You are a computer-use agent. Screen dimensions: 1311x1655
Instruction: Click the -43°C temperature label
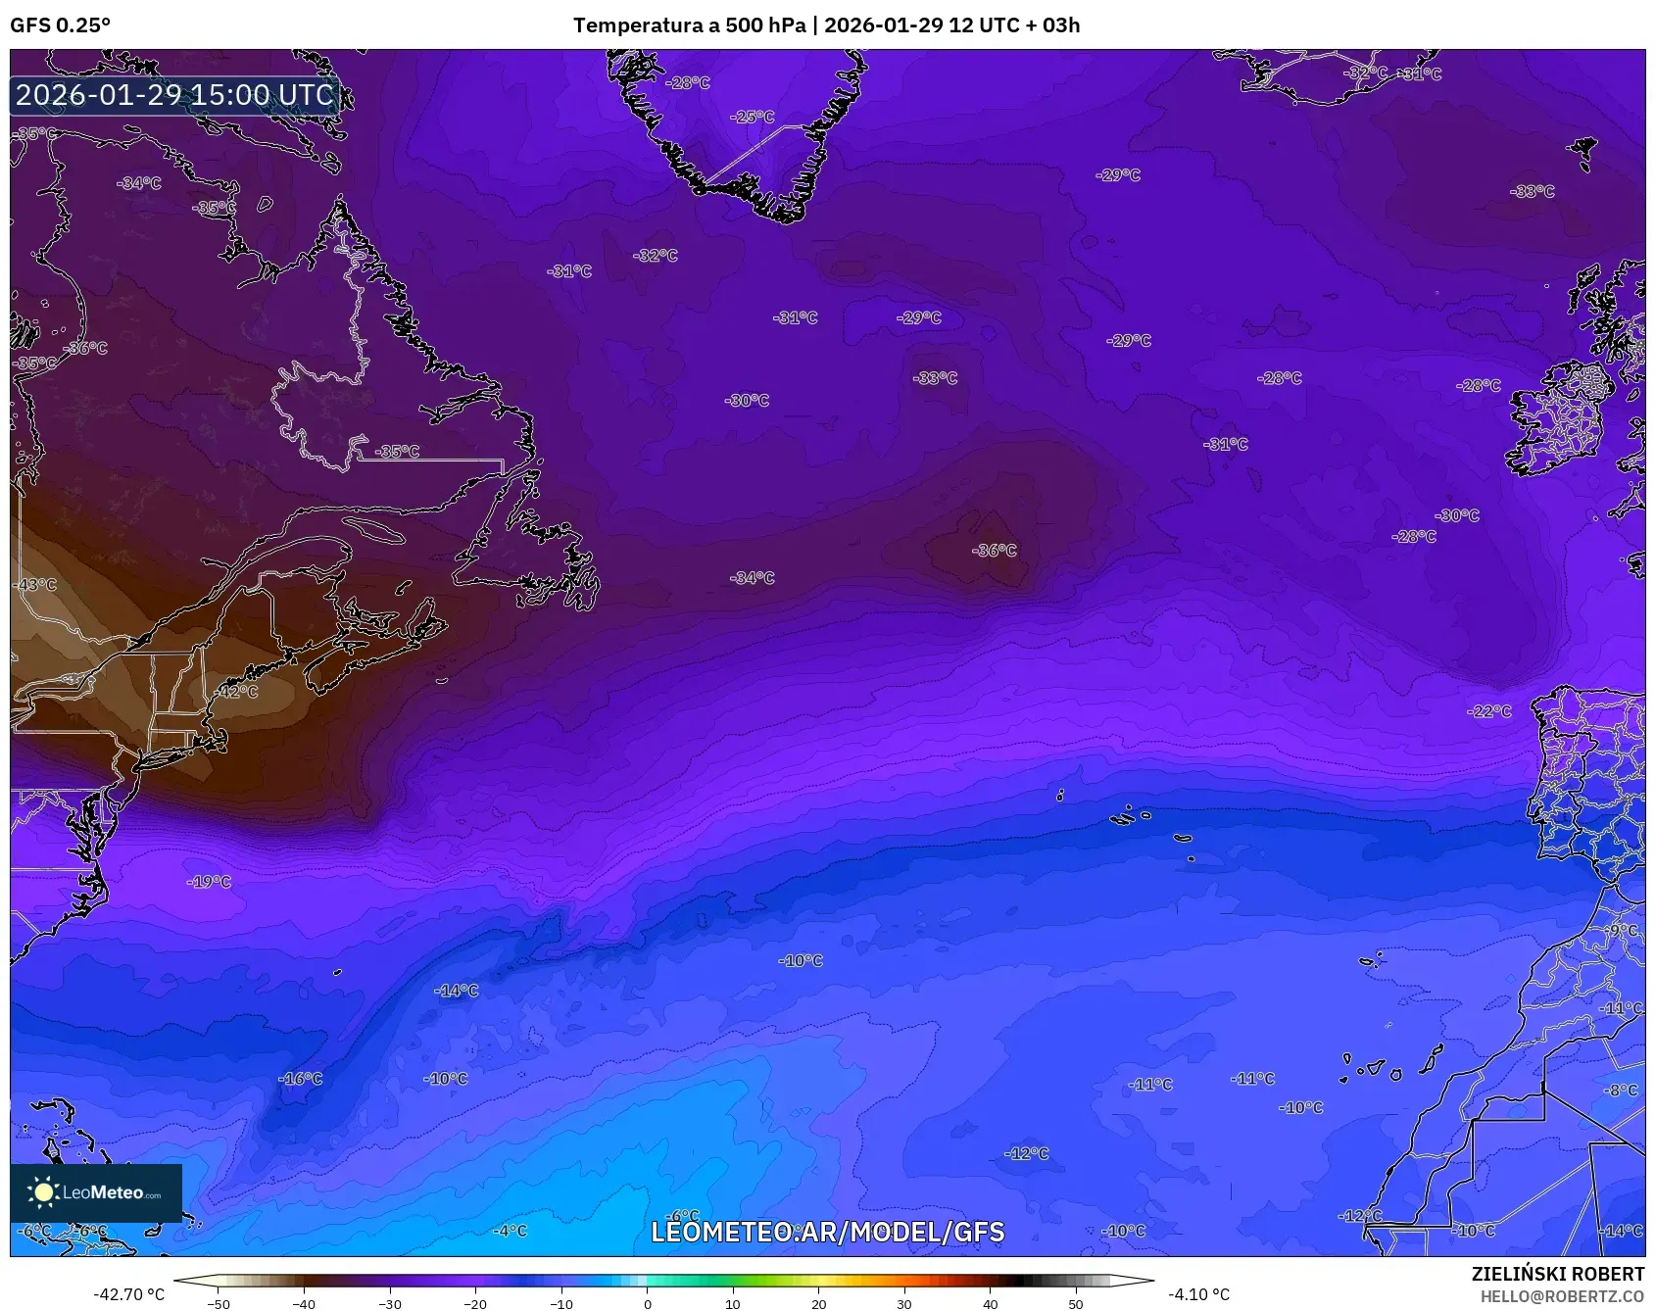36,585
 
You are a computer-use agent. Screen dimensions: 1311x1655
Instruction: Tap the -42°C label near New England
237,692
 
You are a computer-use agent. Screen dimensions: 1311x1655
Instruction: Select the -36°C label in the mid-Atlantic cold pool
995,551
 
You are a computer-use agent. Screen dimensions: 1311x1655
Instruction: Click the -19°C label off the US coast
209,882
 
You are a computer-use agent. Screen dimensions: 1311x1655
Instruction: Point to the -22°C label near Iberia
1489,711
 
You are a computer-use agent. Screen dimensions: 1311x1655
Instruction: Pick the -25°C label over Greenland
753,117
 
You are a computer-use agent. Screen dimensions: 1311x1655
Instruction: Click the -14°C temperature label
457,991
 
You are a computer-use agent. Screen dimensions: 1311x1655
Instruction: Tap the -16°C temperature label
300,1079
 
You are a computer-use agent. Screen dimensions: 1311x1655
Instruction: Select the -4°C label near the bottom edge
510,1231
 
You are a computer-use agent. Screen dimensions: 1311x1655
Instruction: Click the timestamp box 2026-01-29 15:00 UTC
175,95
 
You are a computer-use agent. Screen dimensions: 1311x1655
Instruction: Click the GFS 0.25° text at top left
60,25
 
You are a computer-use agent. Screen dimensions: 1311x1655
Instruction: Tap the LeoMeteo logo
96,1192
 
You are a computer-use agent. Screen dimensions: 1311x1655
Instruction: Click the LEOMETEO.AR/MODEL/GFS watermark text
828,1232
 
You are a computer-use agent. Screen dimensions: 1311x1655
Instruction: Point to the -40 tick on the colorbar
304,1304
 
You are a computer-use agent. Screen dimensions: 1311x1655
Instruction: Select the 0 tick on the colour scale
647,1304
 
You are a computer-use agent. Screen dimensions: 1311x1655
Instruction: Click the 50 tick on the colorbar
1076,1304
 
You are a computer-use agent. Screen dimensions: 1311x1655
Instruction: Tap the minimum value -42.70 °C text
128,1294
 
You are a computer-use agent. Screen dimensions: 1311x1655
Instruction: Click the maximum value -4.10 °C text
1198,1294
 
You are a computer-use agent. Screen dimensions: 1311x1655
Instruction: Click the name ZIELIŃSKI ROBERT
1557,1274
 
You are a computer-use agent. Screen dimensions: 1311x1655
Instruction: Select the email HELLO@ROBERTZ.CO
1562,1296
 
